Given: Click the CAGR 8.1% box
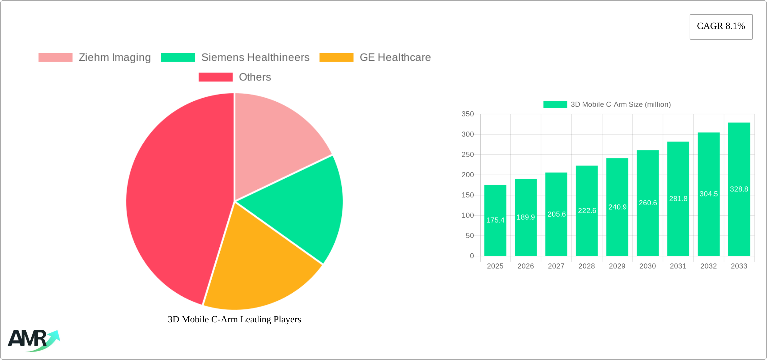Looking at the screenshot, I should point(721,27).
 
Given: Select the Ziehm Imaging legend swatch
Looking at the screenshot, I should point(56,58).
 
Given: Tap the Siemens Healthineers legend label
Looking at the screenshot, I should point(255,58).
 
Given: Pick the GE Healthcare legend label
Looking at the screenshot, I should point(395,58).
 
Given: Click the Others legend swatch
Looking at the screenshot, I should point(216,77).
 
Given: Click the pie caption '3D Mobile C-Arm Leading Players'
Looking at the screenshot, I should point(234,319).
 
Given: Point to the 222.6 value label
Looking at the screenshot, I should point(587,211).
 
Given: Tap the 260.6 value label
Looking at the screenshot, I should point(648,203).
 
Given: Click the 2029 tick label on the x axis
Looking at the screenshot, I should point(617,266).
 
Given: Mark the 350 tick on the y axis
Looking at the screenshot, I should point(468,114).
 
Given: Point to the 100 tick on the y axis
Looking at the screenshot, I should point(468,215).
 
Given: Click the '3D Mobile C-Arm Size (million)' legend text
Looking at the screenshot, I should point(621,105).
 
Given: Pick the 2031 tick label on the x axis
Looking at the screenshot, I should point(678,266).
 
